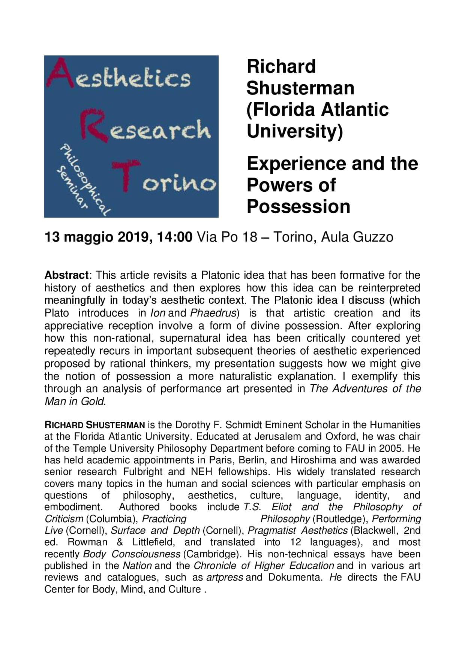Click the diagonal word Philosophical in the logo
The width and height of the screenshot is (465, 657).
coord(84,180)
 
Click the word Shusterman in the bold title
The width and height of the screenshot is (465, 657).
coord(300,88)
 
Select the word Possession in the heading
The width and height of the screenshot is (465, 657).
coord(298,206)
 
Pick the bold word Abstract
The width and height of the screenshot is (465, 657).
coord(66,275)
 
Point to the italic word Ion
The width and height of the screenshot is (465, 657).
coord(157,313)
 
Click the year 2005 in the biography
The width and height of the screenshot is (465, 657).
coord(390,448)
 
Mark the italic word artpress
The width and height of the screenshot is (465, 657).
coord(224,577)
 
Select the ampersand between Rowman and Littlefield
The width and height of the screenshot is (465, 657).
coord(120,542)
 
